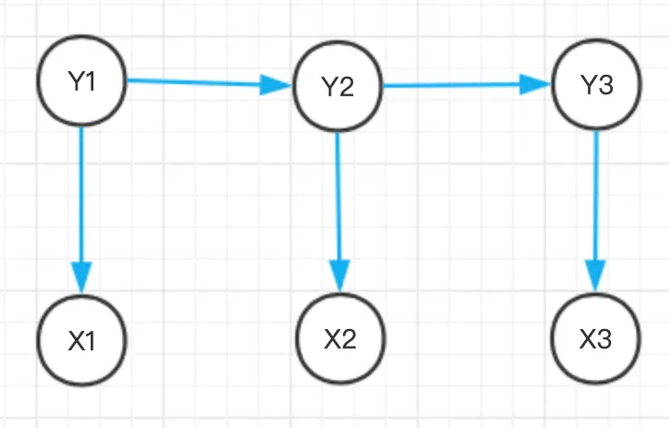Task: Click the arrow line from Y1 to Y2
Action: point(209,83)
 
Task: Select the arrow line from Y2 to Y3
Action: point(467,85)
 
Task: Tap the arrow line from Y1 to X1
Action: point(81,210)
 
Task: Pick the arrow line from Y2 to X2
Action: point(339,212)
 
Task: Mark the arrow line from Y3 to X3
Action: point(596,211)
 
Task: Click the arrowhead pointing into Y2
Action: point(276,85)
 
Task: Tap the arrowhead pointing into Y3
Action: point(535,84)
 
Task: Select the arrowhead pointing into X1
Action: point(82,278)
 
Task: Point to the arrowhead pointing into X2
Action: point(340,276)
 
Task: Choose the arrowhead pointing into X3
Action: point(595,276)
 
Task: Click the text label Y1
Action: point(81,81)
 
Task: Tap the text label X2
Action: point(340,339)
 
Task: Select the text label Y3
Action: point(597,84)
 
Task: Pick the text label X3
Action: point(595,339)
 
